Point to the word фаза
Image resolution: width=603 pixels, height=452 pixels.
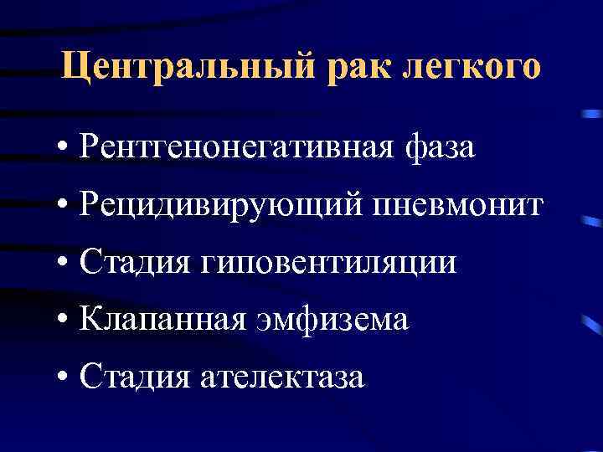441,148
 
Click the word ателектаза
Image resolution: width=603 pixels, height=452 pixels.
284,378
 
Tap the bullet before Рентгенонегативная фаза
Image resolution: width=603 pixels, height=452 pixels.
64,149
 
